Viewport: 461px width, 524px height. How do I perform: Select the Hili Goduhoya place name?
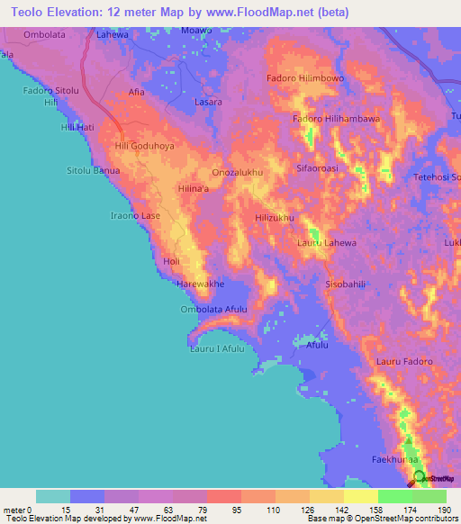pos(144,145)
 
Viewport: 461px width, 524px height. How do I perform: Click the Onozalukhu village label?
pos(237,170)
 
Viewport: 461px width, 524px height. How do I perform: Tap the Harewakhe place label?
pos(199,284)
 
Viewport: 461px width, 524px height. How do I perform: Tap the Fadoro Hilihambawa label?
pos(336,118)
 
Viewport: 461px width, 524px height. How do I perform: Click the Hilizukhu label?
pos(276,218)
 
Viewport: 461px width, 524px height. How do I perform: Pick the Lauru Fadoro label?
pos(404,361)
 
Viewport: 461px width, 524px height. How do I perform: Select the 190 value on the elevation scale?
pos(444,510)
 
